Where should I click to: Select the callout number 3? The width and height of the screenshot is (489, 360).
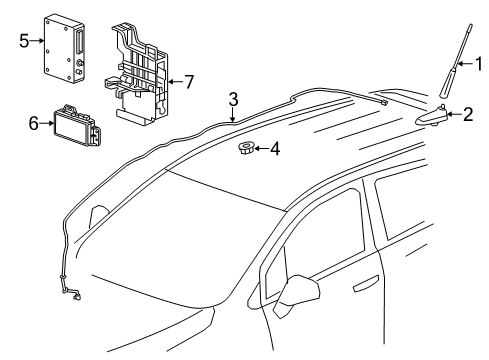click(232, 99)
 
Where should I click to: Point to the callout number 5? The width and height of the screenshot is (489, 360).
click(24, 41)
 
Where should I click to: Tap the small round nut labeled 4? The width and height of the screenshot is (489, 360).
click(245, 151)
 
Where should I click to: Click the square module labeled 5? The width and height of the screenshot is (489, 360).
click(61, 47)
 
